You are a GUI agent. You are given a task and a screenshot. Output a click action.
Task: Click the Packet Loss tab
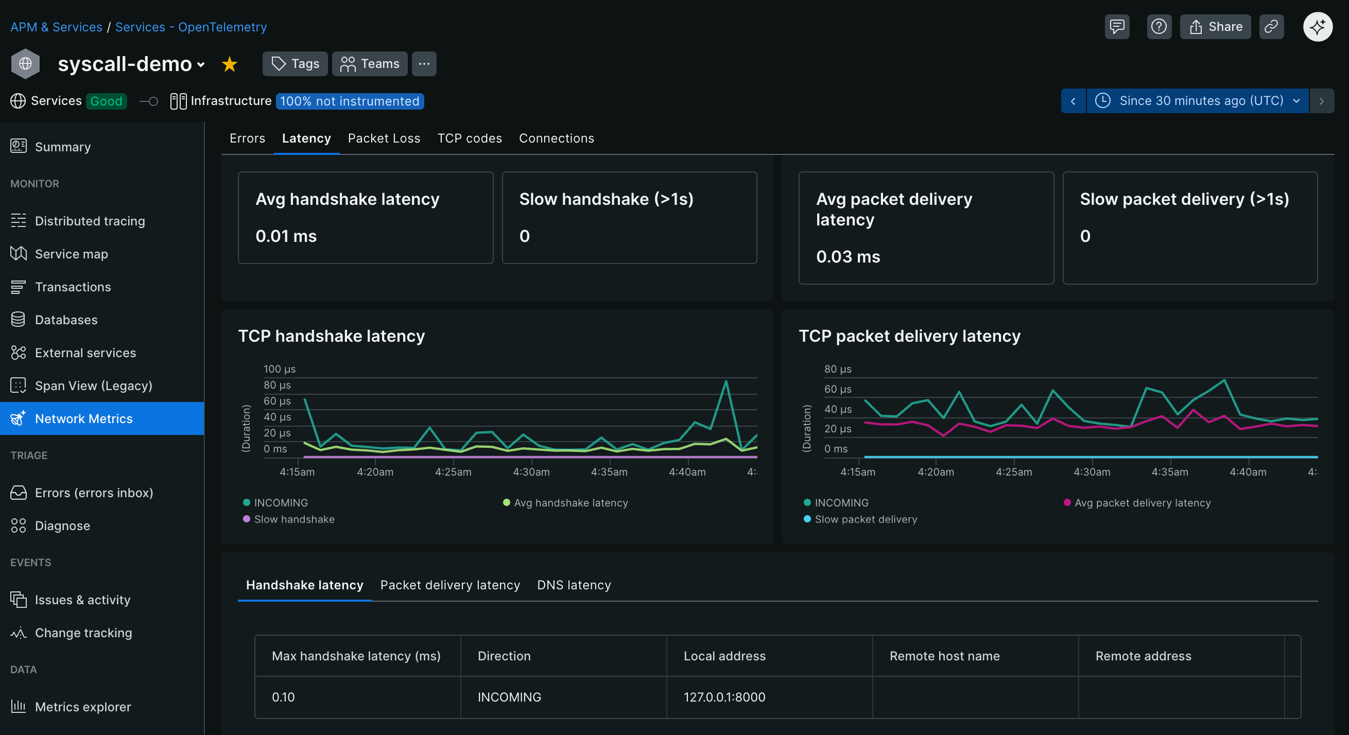384,138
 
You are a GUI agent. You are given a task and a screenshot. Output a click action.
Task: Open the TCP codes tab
469,138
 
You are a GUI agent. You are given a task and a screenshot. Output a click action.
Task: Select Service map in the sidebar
71,254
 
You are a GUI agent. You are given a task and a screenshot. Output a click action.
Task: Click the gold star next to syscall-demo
229,64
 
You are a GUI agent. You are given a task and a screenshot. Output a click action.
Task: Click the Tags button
295,64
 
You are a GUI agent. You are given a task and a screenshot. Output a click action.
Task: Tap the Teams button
370,64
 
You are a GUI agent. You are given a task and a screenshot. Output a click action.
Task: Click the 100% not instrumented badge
349,101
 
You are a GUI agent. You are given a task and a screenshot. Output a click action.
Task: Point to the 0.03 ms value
848,256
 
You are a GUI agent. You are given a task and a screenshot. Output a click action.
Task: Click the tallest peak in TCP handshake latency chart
726,381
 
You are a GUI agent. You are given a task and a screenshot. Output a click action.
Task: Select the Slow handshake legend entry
294,519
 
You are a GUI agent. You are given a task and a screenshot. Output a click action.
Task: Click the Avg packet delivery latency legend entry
1142,502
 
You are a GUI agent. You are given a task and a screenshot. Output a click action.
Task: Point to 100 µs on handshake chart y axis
279,369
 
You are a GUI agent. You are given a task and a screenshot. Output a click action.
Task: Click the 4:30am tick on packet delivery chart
1092,471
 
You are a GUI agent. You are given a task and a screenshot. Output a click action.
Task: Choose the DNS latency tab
574,585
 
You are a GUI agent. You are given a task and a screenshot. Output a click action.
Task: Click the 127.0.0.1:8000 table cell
724,697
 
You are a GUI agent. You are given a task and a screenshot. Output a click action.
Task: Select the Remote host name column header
944,656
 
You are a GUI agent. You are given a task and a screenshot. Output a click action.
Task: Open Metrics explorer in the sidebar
83,707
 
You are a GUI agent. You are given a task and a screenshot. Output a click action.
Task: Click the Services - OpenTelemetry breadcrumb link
191,27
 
